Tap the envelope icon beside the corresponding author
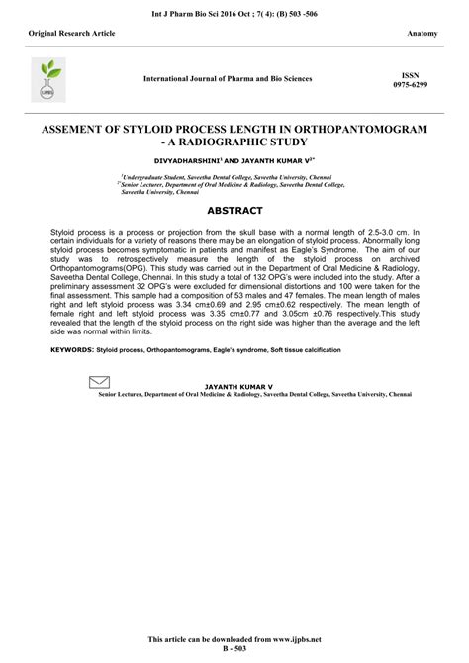pos(99,382)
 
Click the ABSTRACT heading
pos(234,211)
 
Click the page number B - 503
pos(234,653)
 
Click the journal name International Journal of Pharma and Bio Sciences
pos(228,78)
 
